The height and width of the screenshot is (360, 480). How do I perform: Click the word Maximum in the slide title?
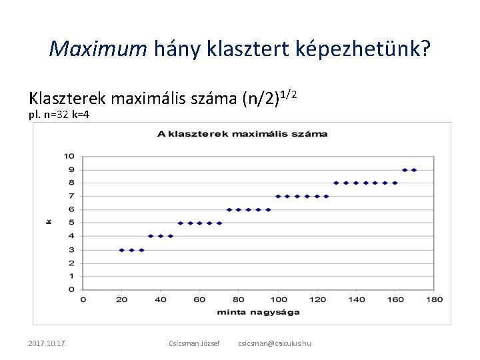tap(97, 48)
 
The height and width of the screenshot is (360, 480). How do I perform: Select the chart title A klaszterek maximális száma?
tap(242, 133)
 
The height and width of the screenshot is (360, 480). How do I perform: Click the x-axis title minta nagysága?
tap(258, 312)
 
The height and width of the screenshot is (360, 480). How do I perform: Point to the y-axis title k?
tap(49, 221)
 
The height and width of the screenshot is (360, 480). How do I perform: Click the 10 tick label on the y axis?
tap(69, 156)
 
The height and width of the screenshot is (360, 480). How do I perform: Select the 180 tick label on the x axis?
tap(434, 299)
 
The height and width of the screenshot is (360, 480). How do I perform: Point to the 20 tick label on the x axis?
tap(121, 299)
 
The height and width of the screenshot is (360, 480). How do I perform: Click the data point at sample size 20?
tap(121, 250)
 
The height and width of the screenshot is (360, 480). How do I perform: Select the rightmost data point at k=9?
tap(414, 170)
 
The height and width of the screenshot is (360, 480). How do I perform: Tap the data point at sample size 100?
tap(278, 197)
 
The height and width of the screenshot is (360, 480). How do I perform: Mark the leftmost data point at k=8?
tap(336, 183)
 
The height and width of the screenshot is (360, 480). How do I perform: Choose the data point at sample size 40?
tap(161, 236)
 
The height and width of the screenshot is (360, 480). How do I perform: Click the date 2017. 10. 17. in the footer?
tap(51, 343)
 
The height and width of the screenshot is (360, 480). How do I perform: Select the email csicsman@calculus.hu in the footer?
tap(274, 343)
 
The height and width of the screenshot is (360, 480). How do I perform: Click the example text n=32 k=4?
tap(59, 115)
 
